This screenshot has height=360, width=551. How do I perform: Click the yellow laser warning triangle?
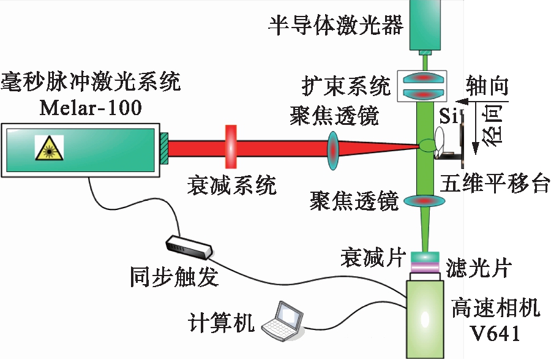(48, 148)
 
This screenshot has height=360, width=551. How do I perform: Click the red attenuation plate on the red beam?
(231, 146)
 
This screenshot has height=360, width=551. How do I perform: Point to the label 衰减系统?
(231, 184)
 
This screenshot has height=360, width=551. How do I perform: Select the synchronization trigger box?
(190, 246)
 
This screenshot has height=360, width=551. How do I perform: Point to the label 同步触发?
(173, 277)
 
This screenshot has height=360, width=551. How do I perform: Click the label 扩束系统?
(347, 85)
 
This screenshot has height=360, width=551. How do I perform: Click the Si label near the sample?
(448, 116)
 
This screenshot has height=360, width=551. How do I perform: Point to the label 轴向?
(487, 85)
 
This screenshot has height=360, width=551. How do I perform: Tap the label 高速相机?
(495, 308)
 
